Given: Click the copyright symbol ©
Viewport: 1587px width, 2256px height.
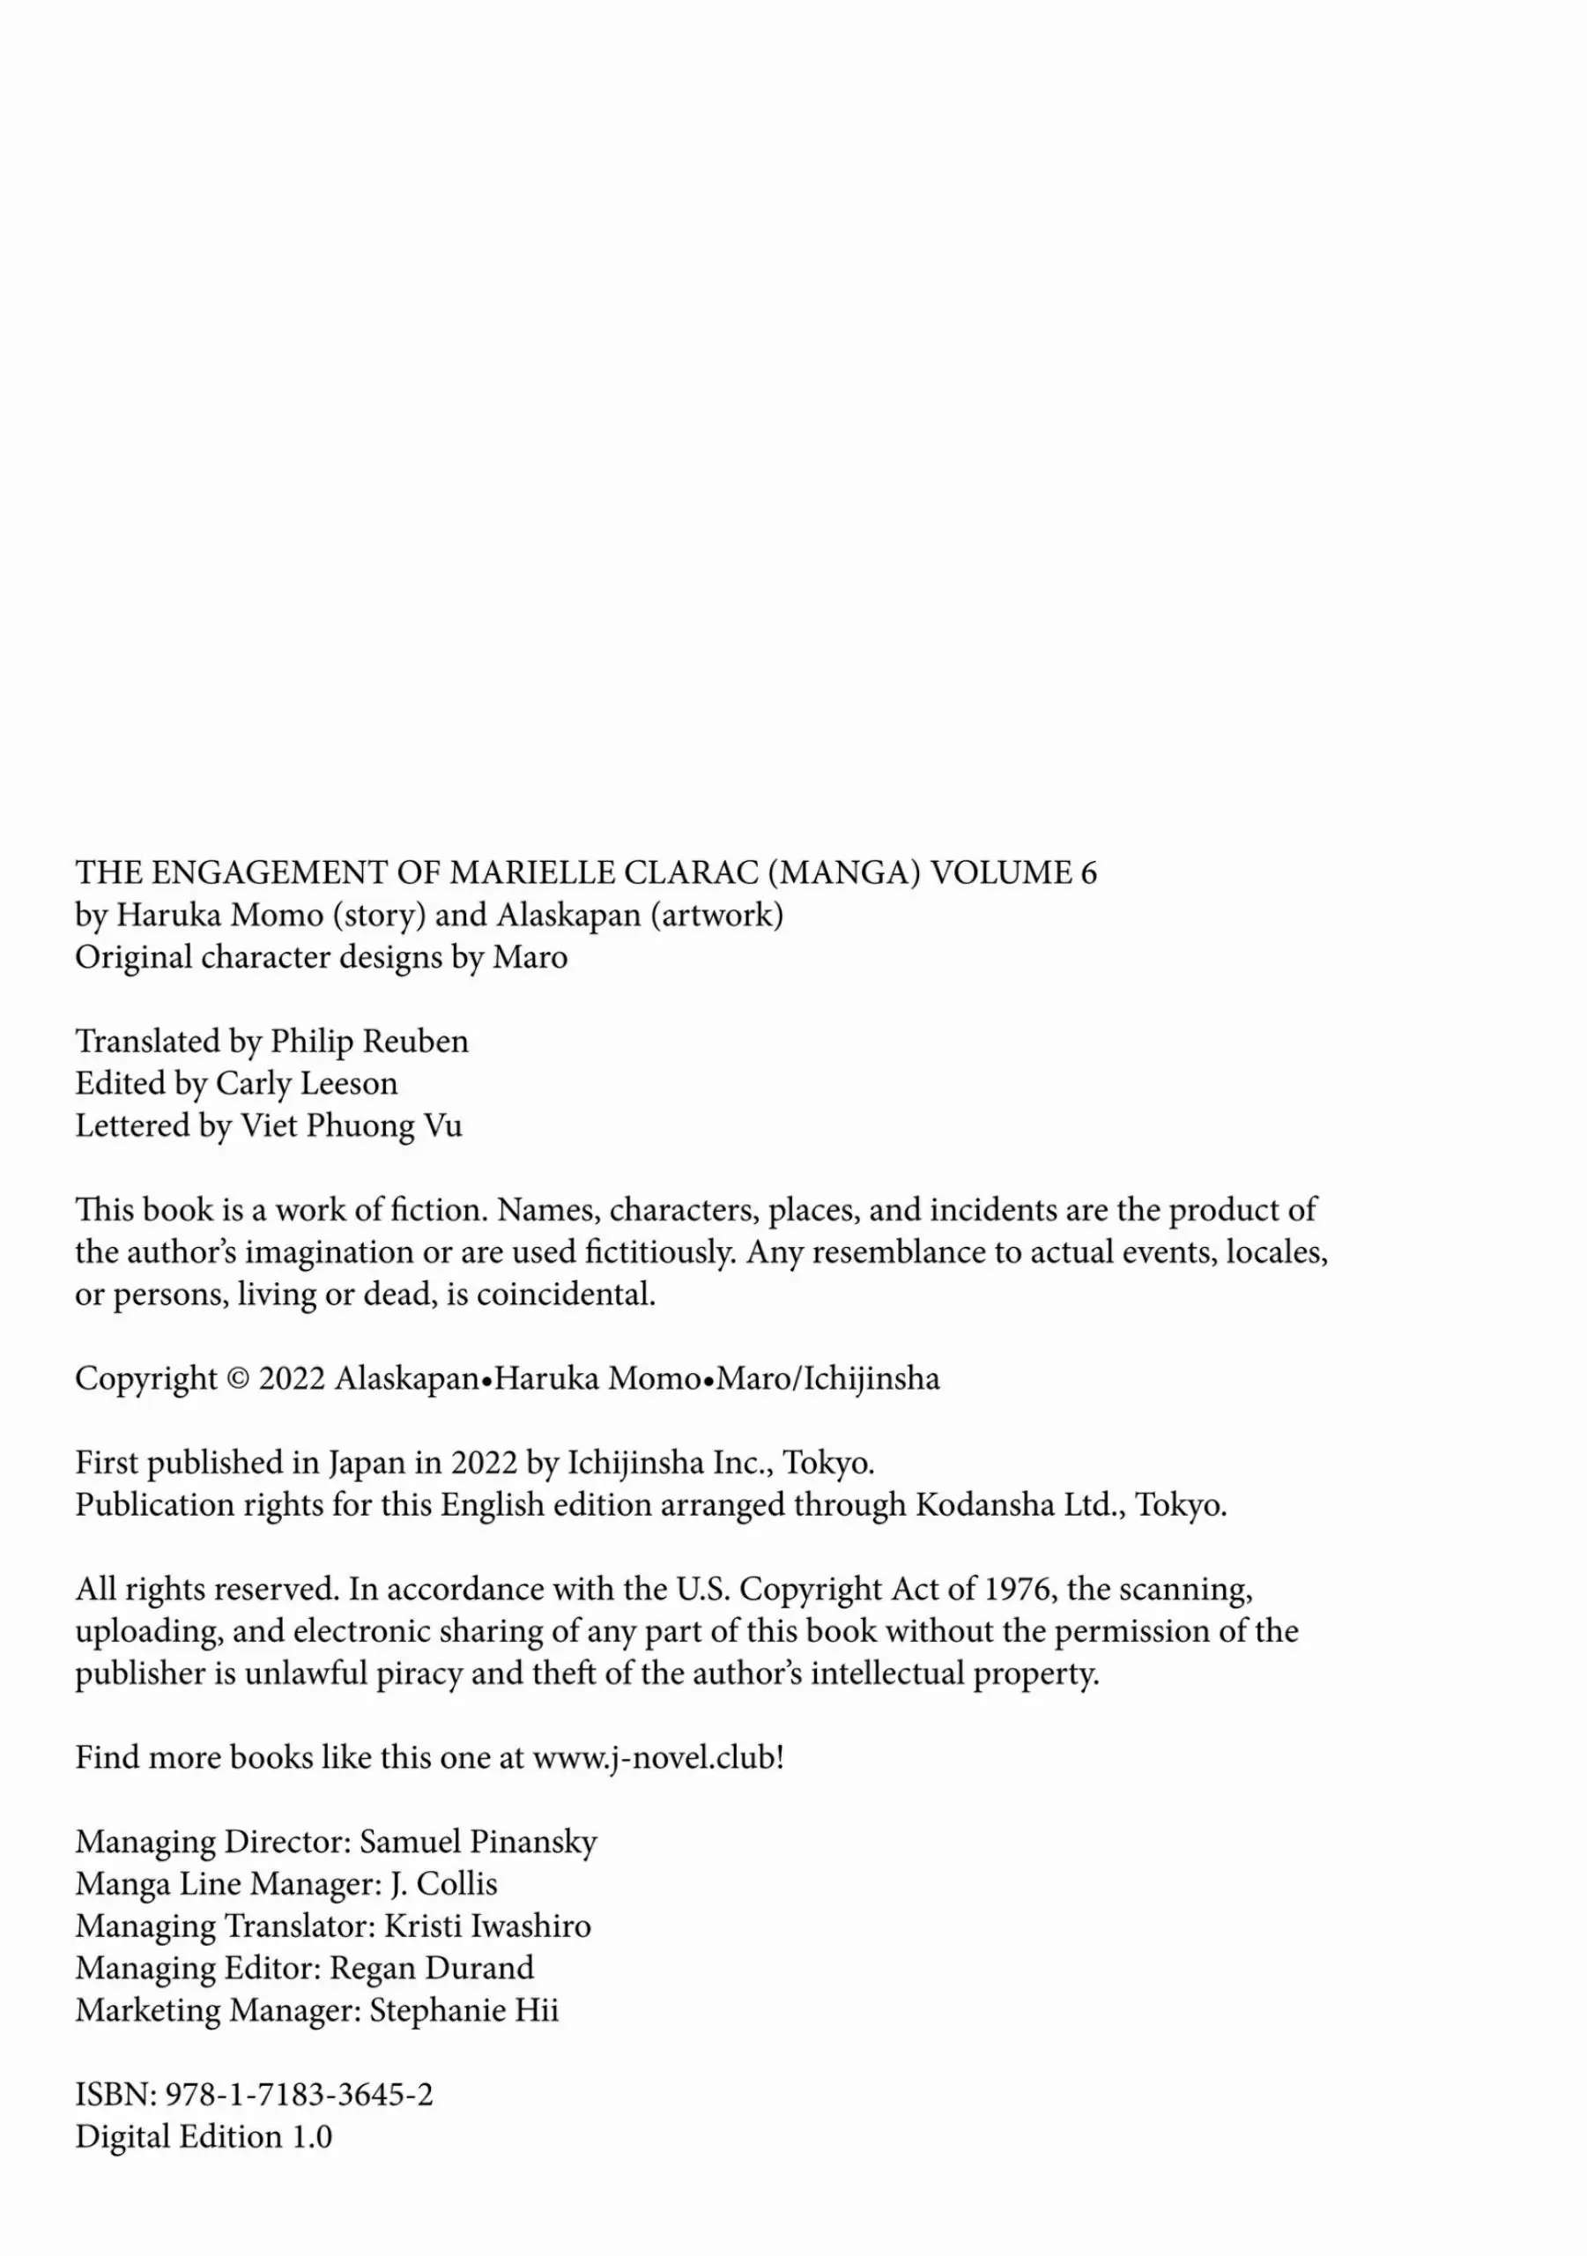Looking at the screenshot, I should tap(238, 1379).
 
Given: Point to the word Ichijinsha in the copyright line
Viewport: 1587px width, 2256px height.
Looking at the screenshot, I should tap(871, 1379).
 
